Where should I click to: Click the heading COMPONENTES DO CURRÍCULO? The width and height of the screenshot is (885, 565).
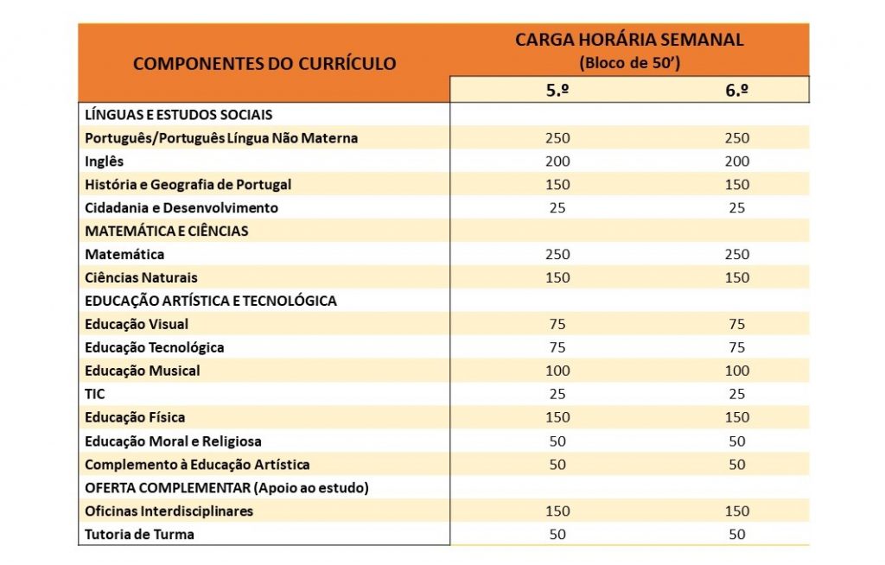tap(264, 63)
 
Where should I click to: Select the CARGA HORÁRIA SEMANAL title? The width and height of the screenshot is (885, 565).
tap(629, 40)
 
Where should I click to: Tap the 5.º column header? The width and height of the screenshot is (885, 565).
tap(557, 90)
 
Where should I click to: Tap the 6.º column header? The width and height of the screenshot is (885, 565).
tap(736, 90)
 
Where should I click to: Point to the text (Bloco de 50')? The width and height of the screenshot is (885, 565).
tap(629, 62)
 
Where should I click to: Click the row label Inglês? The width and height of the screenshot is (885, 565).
tap(104, 162)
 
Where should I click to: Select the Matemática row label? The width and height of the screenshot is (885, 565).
tap(124, 254)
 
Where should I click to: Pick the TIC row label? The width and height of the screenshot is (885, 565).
tap(95, 394)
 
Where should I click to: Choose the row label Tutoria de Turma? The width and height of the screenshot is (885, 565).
tap(139, 534)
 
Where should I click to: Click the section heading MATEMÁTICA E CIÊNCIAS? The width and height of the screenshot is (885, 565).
tap(167, 231)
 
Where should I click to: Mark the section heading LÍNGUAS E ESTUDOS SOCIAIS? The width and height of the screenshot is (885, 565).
tap(178, 115)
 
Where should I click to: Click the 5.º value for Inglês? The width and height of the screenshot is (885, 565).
tap(557, 162)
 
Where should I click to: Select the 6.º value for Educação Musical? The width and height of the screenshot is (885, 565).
tap(737, 371)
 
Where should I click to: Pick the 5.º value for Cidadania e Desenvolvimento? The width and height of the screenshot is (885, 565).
tap(557, 207)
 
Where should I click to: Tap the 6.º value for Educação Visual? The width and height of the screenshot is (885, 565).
tap(737, 324)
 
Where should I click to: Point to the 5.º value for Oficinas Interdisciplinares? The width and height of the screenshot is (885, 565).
tap(557, 511)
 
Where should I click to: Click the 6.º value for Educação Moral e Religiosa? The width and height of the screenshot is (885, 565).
tap(737, 441)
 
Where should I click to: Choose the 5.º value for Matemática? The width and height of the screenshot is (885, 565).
tap(557, 254)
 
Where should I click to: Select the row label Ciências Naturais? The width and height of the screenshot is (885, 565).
tap(141, 277)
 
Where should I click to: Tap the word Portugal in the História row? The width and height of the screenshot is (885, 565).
tap(264, 185)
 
